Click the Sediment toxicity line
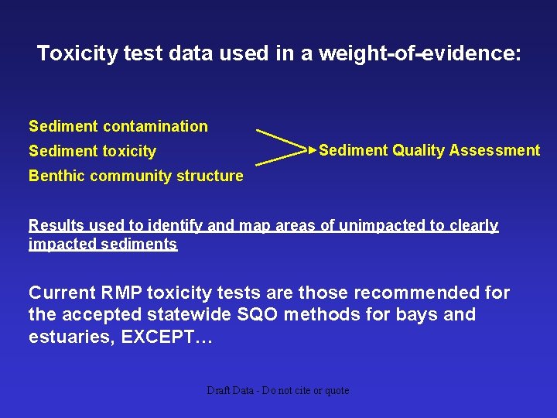point(92,152)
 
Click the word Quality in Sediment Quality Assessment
point(417,150)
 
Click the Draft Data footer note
point(278,391)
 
